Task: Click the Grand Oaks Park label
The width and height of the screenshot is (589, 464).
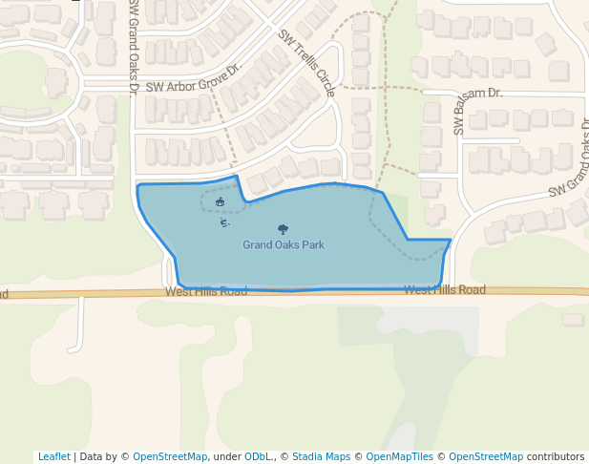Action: click(283, 245)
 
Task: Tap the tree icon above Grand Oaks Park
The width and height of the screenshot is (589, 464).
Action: click(283, 229)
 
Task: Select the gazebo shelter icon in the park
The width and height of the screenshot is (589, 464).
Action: click(221, 201)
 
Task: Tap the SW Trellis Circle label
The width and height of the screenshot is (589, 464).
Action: click(306, 63)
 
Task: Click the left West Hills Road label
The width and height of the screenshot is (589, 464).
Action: click(205, 290)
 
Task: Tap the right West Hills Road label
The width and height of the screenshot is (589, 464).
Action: click(444, 290)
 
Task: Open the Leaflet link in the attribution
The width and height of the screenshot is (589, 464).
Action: click(53, 457)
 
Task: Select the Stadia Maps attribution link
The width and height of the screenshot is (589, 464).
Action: click(321, 457)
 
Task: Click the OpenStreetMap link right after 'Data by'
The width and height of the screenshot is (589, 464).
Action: click(170, 457)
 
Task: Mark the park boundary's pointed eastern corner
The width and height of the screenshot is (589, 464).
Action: click(451, 240)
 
